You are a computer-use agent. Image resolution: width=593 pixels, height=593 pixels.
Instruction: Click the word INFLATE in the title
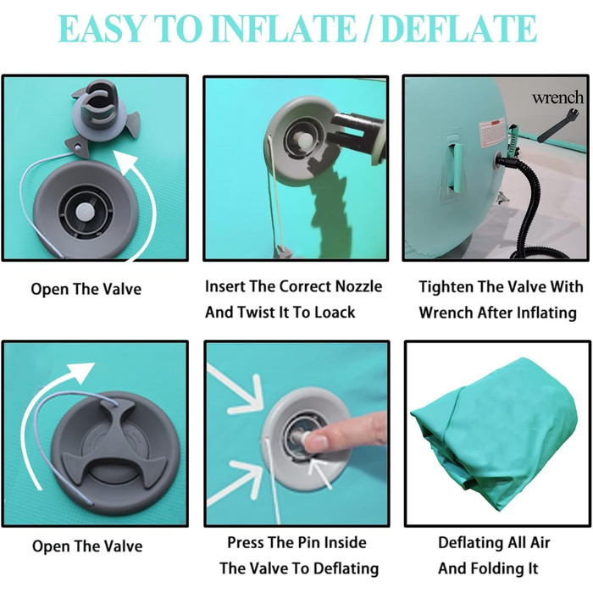283,29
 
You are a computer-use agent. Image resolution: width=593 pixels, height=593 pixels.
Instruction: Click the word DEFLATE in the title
459,29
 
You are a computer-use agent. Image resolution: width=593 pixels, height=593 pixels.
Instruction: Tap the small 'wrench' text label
557,97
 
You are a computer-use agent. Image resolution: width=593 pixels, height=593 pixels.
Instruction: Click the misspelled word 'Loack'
335,313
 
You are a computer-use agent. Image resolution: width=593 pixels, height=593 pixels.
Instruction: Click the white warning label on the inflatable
492,134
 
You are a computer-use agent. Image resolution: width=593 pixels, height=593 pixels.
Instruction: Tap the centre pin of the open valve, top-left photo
84,213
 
